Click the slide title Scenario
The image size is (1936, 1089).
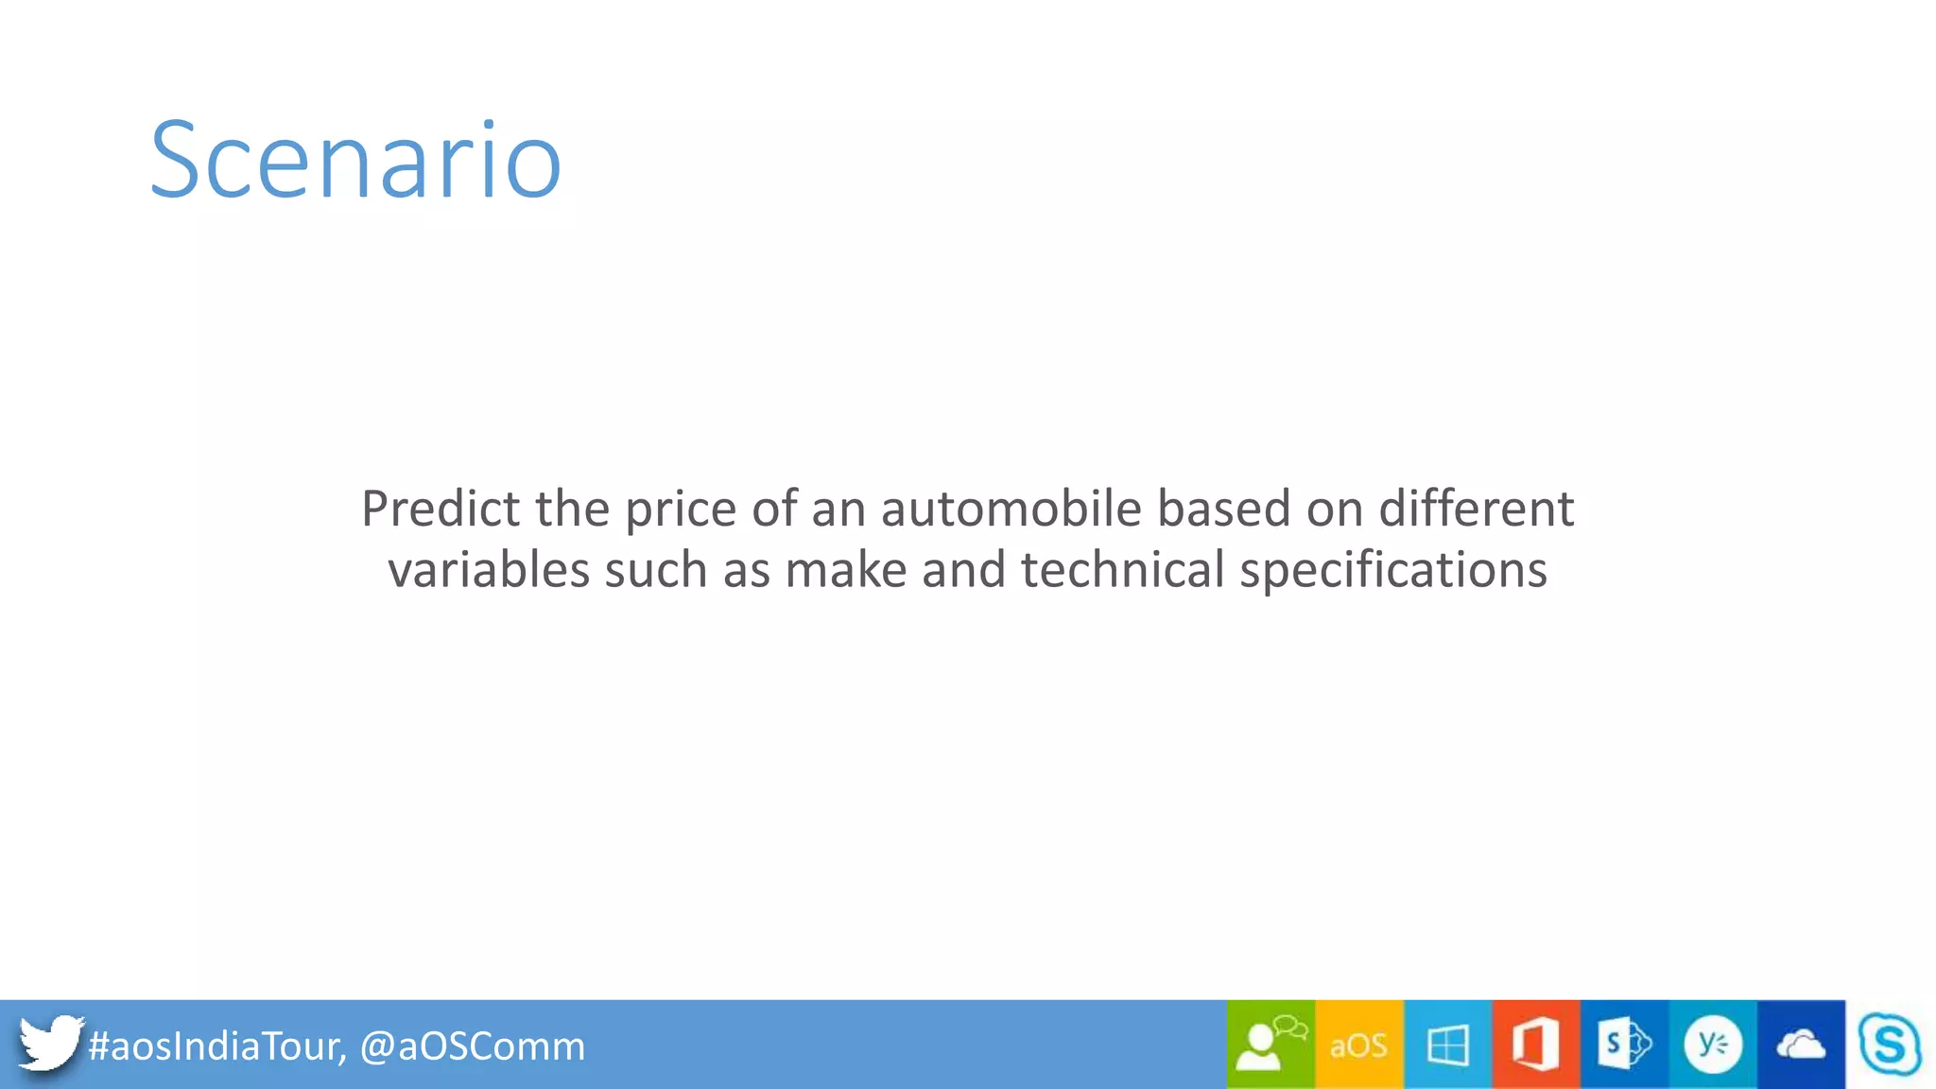click(x=355, y=161)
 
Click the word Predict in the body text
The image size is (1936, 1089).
click(x=441, y=510)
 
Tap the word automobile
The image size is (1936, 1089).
click(x=1011, y=510)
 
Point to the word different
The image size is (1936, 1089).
click(x=1476, y=510)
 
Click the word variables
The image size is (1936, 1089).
click(x=489, y=570)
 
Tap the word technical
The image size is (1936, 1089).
click(x=1123, y=570)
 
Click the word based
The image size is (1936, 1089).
click(x=1224, y=510)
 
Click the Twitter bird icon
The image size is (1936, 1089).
click(x=50, y=1044)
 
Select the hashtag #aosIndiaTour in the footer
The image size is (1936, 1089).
click(x=216, y=1046)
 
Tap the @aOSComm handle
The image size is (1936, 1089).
click(x=473, y=1046)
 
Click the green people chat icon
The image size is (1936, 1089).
click(x=1270, y=1045)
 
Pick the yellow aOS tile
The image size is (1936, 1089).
click(x=1358, y=1045)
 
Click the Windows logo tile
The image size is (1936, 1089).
click(x=1447, y=1045)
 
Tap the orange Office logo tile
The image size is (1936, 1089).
click(x=1535, y=1045)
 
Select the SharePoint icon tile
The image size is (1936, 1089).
click(x=1624, y=1045)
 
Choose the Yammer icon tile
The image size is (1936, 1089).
click(x=1712, y=1045)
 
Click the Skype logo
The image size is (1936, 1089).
click(x=1889, y=1045)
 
